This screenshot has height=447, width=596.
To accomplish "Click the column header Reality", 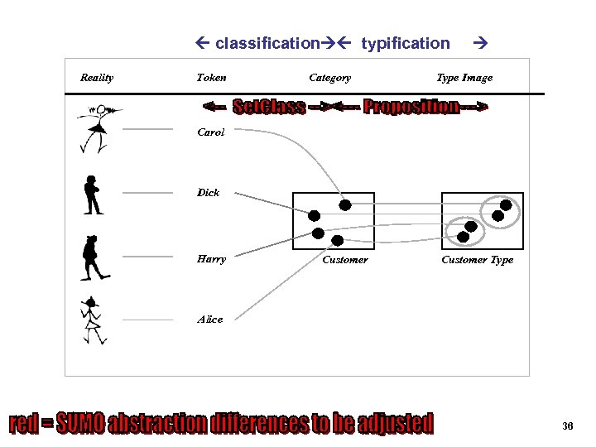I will tap(97, 78).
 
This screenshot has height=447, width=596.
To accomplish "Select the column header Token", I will tap(211, 78).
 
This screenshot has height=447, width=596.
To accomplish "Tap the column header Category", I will tap(329, 78).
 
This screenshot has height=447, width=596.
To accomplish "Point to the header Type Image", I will tap(464, 78).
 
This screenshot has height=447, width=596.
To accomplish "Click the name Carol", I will tap(210, 132).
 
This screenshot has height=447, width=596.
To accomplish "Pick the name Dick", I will tap(208, 193).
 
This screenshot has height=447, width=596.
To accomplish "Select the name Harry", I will tap(211, 259).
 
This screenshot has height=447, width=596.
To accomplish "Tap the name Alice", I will tap(210, 320).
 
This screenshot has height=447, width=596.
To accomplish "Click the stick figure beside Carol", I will tap(98, 128).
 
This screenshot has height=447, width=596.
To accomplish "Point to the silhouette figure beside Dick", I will tap(93, 195).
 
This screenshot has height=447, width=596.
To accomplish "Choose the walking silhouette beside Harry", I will tap(94, 257).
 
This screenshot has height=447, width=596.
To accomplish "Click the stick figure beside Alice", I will tap(92, 320).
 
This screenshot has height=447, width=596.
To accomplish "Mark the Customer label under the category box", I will tap(345, 260).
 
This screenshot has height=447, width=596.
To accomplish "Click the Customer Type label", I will tap(477, 260).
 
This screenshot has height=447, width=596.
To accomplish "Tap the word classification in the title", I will tap(267, 43).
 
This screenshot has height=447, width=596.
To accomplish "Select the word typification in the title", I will tap(406, 43).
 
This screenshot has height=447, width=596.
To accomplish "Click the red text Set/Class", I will tap(269, 107).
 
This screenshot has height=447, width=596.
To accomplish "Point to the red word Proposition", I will tap(411, 107).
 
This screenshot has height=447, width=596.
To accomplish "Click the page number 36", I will tap(567, 426).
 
